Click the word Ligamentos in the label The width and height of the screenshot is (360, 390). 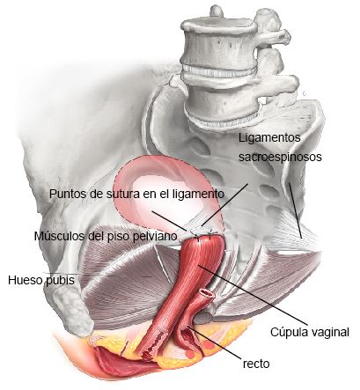click(269, 138)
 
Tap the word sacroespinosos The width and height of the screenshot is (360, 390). click(280, 157)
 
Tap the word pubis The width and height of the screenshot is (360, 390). click(60, 281)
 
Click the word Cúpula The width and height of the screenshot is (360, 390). click(289, 332)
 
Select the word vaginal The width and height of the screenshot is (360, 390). click(330, 333)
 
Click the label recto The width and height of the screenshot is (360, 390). click(256, 364)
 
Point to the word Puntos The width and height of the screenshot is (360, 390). click(63, 194)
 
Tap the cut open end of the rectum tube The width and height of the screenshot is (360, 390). click(207, 293)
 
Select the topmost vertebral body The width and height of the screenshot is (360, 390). click(218, 41)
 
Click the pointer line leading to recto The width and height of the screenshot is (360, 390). click(214, 342)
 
